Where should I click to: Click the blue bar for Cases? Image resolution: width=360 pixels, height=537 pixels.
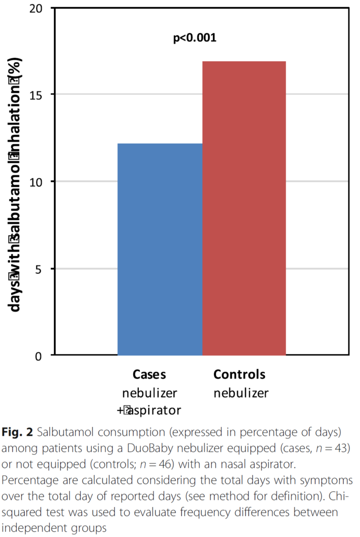[x=160, y=249]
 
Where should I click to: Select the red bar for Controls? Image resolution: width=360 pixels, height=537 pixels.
[x=244, y=208]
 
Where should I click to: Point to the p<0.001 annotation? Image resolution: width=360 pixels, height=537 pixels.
[x=195, y=38]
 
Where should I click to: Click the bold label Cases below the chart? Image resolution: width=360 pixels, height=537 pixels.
[x=149, y=374]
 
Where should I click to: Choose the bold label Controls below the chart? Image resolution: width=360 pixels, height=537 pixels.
[x=239, y=374]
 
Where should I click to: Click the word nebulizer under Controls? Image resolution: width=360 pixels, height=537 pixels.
[x=241, y=393]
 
